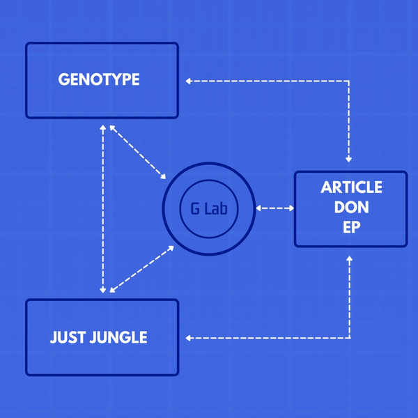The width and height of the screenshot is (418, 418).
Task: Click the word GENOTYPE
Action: click(x=98, y=79)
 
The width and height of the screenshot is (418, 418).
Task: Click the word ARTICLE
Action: click(x=351, y=187)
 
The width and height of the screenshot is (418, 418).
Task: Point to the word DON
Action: click(x=351, y=208)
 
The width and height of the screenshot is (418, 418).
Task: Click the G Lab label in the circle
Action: click(x=208, y=208)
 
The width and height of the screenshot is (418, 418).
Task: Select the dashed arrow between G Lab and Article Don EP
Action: click(x=275, y=208)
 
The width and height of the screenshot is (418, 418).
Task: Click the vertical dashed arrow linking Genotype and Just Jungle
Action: click(x=103, y=209)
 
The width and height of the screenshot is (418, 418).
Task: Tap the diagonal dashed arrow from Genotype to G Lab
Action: click(x=137, y=152)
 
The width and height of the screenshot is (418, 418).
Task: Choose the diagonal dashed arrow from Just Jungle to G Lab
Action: click(x=140, y=268)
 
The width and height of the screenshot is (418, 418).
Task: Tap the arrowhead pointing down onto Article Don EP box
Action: click(x=349, y=158)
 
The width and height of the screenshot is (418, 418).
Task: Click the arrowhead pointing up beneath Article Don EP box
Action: click(x=349, y=260)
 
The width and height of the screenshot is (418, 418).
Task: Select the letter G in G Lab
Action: click(x=194, y=208)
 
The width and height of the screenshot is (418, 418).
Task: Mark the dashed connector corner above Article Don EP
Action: click(x=349, y=81)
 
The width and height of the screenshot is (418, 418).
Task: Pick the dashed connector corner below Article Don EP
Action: click(x=349, y=339)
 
